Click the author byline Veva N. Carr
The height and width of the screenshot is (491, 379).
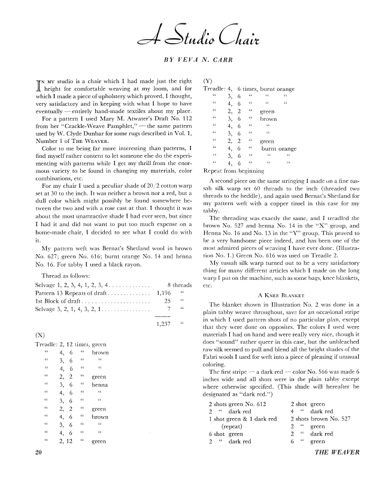pos(190,60)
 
